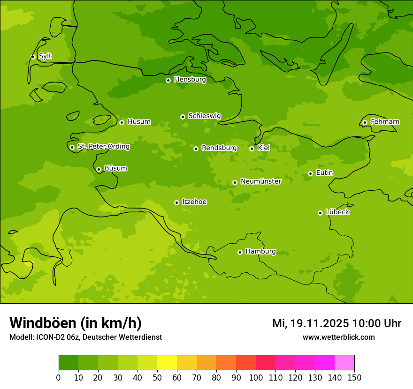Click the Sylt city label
pyautogui.click(x=45, y=56)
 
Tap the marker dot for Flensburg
pyautogui.click(x=168, y=80)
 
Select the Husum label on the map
pyautogui.click(x=139, y=122)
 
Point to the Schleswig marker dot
pyautogui.click(x=183, y=117)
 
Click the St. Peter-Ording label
pyautogui.click(x=103, y=147)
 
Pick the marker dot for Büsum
pyautogui.click(x=99, y=169)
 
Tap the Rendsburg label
pyautogui.click(x=219, y=148)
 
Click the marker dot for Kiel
pyautogui.click(x=252, y=149)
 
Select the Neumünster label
pyautogui.click(x=260, y=181)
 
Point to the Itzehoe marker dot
pyautogui.click(x=176, y=202)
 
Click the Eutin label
pyautogui.click(x=324, y=173)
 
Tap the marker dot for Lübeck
pyautogui.click(x=320, y=213)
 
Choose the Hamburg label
pyautogui.click(x=260, y=252)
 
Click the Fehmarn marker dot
pyautogui.click(x=365, y=122)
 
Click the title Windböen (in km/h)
pyautogui.click(x=76, y=323)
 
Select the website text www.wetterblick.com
pyautogui.click(x=338, y=337)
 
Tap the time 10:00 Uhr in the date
pyautogui.click(x=376, y=323)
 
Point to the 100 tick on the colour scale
pyautogui.click(x=256, y=377)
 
